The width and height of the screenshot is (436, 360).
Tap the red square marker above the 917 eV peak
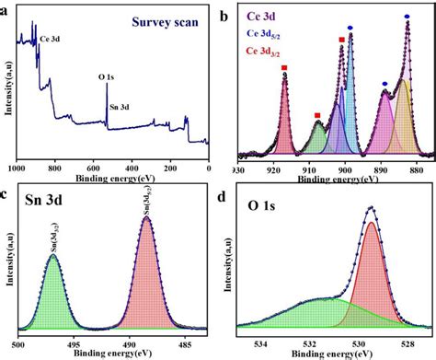[x=284, y=68]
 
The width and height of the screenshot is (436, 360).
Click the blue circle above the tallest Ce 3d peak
[x=407, y=17]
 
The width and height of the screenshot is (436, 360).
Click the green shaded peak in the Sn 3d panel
[x=54, y=295]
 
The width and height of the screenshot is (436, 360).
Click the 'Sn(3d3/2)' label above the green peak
[x=52, y=239]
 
